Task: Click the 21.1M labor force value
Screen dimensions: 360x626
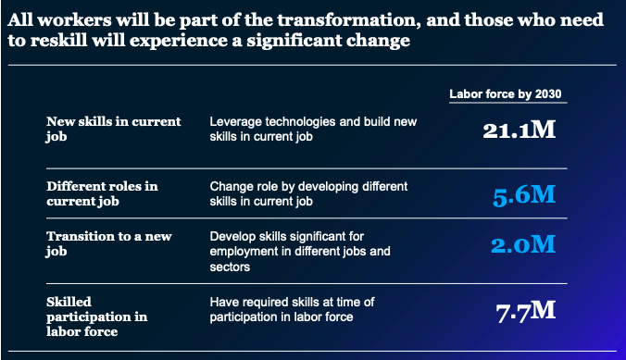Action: pyautogui.click(x=519, y=130)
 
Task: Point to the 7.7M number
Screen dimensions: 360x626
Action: pyautogui.click(x=525, y=310)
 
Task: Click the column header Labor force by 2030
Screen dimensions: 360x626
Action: pyautogui.click(x=506, y=94)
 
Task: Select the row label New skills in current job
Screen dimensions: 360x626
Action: pyautogui.click(x=114, y=129)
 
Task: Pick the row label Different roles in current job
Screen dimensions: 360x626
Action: pyautogui.click(x=102, y=192)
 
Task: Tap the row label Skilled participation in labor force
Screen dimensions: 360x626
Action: pyautogui.click(x=96, y=316)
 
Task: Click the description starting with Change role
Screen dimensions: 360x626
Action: pyautogui.click(x=308, y=192)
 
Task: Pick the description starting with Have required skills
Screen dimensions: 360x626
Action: pyautogui.click(x=302, y=309)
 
